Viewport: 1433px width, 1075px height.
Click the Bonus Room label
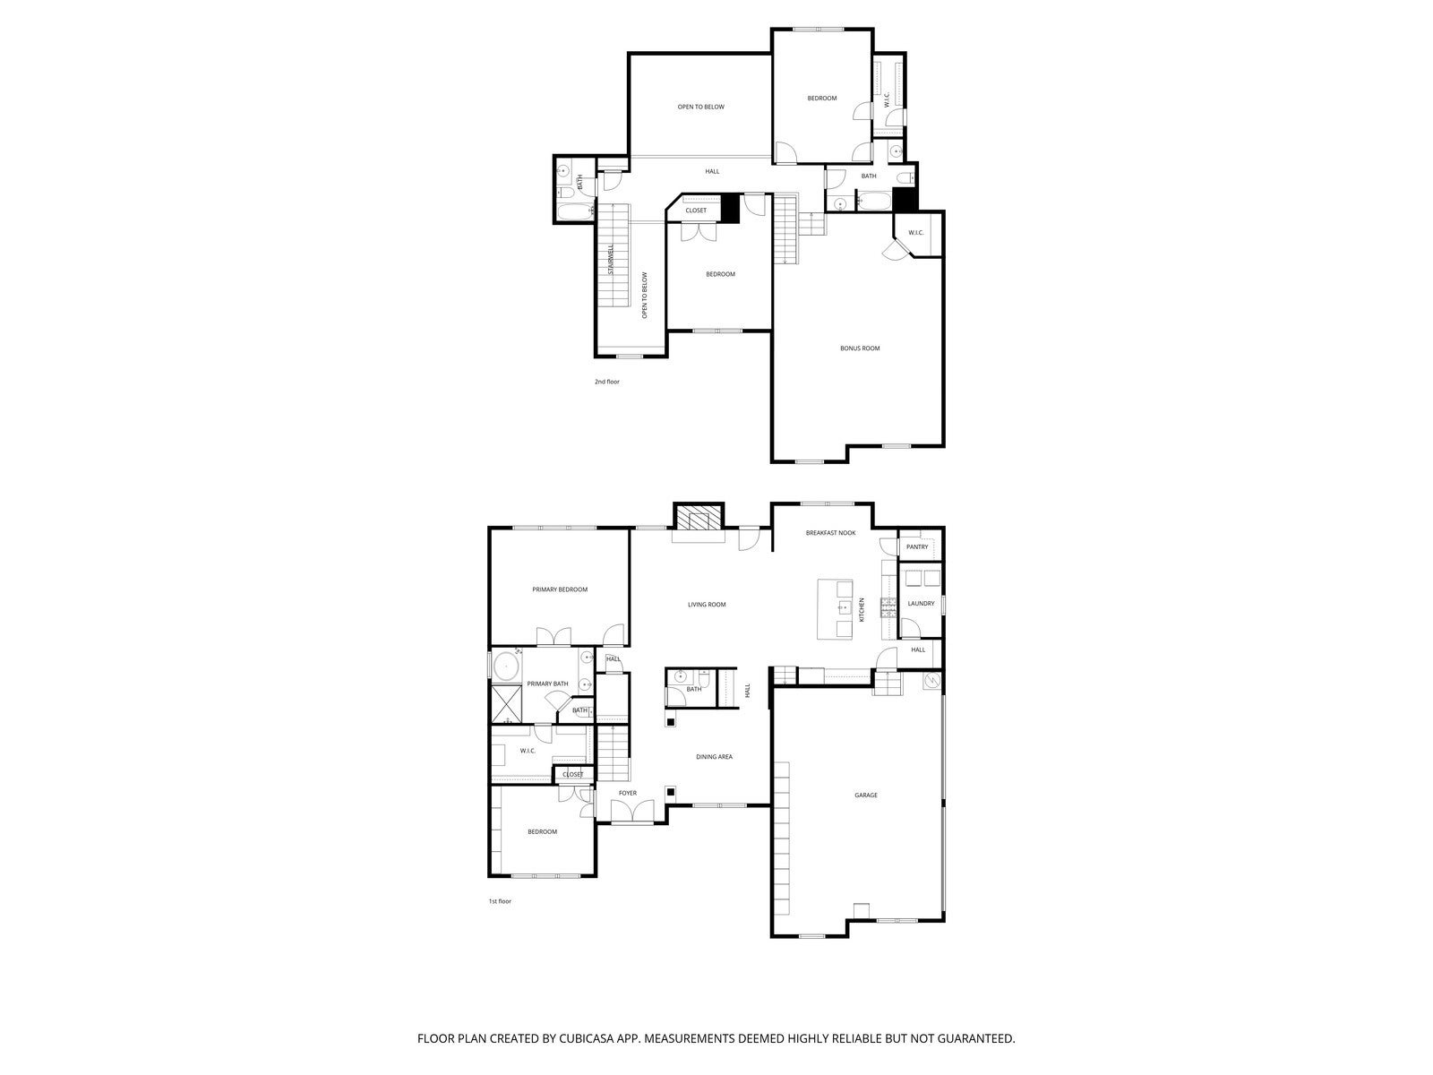coord(859,348)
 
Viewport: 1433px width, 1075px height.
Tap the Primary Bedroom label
coord(560,589)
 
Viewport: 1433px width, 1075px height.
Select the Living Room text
coord(707,605)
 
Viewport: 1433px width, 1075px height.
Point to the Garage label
coord(865,795)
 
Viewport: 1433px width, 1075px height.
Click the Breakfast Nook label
coord(830,533)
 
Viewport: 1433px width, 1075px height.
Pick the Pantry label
coord(917,546)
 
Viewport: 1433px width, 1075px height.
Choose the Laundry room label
coord(921,603)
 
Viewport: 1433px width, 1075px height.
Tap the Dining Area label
coord(714,757)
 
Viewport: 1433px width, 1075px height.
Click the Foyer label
coord(628,793)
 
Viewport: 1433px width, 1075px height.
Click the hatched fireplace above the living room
coord(698,519)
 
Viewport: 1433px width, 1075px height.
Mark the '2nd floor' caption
coord(606,382)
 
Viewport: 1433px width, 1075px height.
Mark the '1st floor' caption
coord(499,901)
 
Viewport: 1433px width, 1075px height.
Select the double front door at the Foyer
coord(632,813)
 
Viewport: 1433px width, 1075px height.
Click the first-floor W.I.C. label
coord(528,751)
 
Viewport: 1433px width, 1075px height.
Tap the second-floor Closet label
coord(696,211)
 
